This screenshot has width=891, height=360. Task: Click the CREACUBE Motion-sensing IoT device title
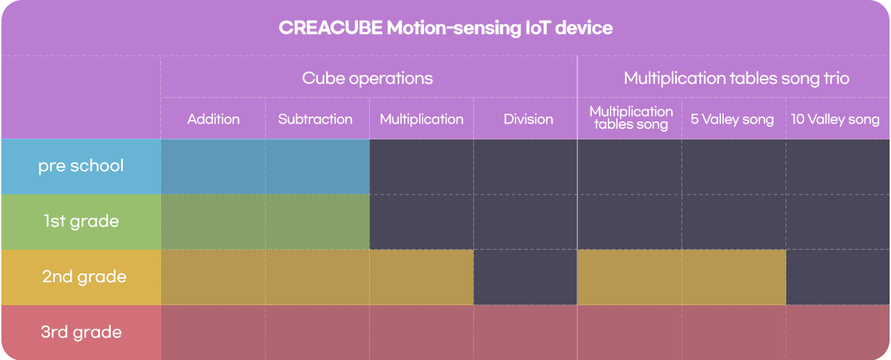pyautogui.click(x=445, y=28)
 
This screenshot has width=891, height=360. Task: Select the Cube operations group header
pyautogui.click(x=367, y=78)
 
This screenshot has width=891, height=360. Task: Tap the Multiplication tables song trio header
pyautogui.click(x=736, y=78)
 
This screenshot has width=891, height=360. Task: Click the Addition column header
pyautogui.click(x=213, y=119)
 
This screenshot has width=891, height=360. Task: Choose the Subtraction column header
pyautogui.click(x=315, y=119)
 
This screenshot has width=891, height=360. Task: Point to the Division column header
pyautogui.click(x=528, y=119)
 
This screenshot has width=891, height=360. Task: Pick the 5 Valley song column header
pyautogui.click(x=732, y=119)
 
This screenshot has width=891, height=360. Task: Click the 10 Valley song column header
pyautogui.click(x=835, y=119)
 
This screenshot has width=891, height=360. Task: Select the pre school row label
pyautogui.click(x=80, y=166)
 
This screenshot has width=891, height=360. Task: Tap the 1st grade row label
pyautogui.click(x=81, y=221)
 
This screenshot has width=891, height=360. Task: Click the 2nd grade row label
pyautogui.click(x=84, y=277)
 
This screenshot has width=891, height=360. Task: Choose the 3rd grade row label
pyautogui.click(x=81, y=332)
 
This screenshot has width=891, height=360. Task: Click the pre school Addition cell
pyautogui.click(x=213, y=166)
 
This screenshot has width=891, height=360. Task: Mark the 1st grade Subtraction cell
pyautogui.click(x=317, y=222)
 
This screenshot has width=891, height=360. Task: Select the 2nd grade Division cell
pyautogui.click(x=525, y=277)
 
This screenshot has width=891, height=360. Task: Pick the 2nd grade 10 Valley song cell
pyautogui.click(x=838, y=277)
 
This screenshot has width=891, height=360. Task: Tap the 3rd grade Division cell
pyautogui.click(x=525, y=332)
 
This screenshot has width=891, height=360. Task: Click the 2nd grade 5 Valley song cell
pyautogui.click(x=734, y=277)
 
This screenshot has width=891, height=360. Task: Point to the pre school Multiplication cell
pyautogui.click(x=422, y=166)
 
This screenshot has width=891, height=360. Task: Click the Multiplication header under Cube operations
pyautogui.click(x=422, y=119)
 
